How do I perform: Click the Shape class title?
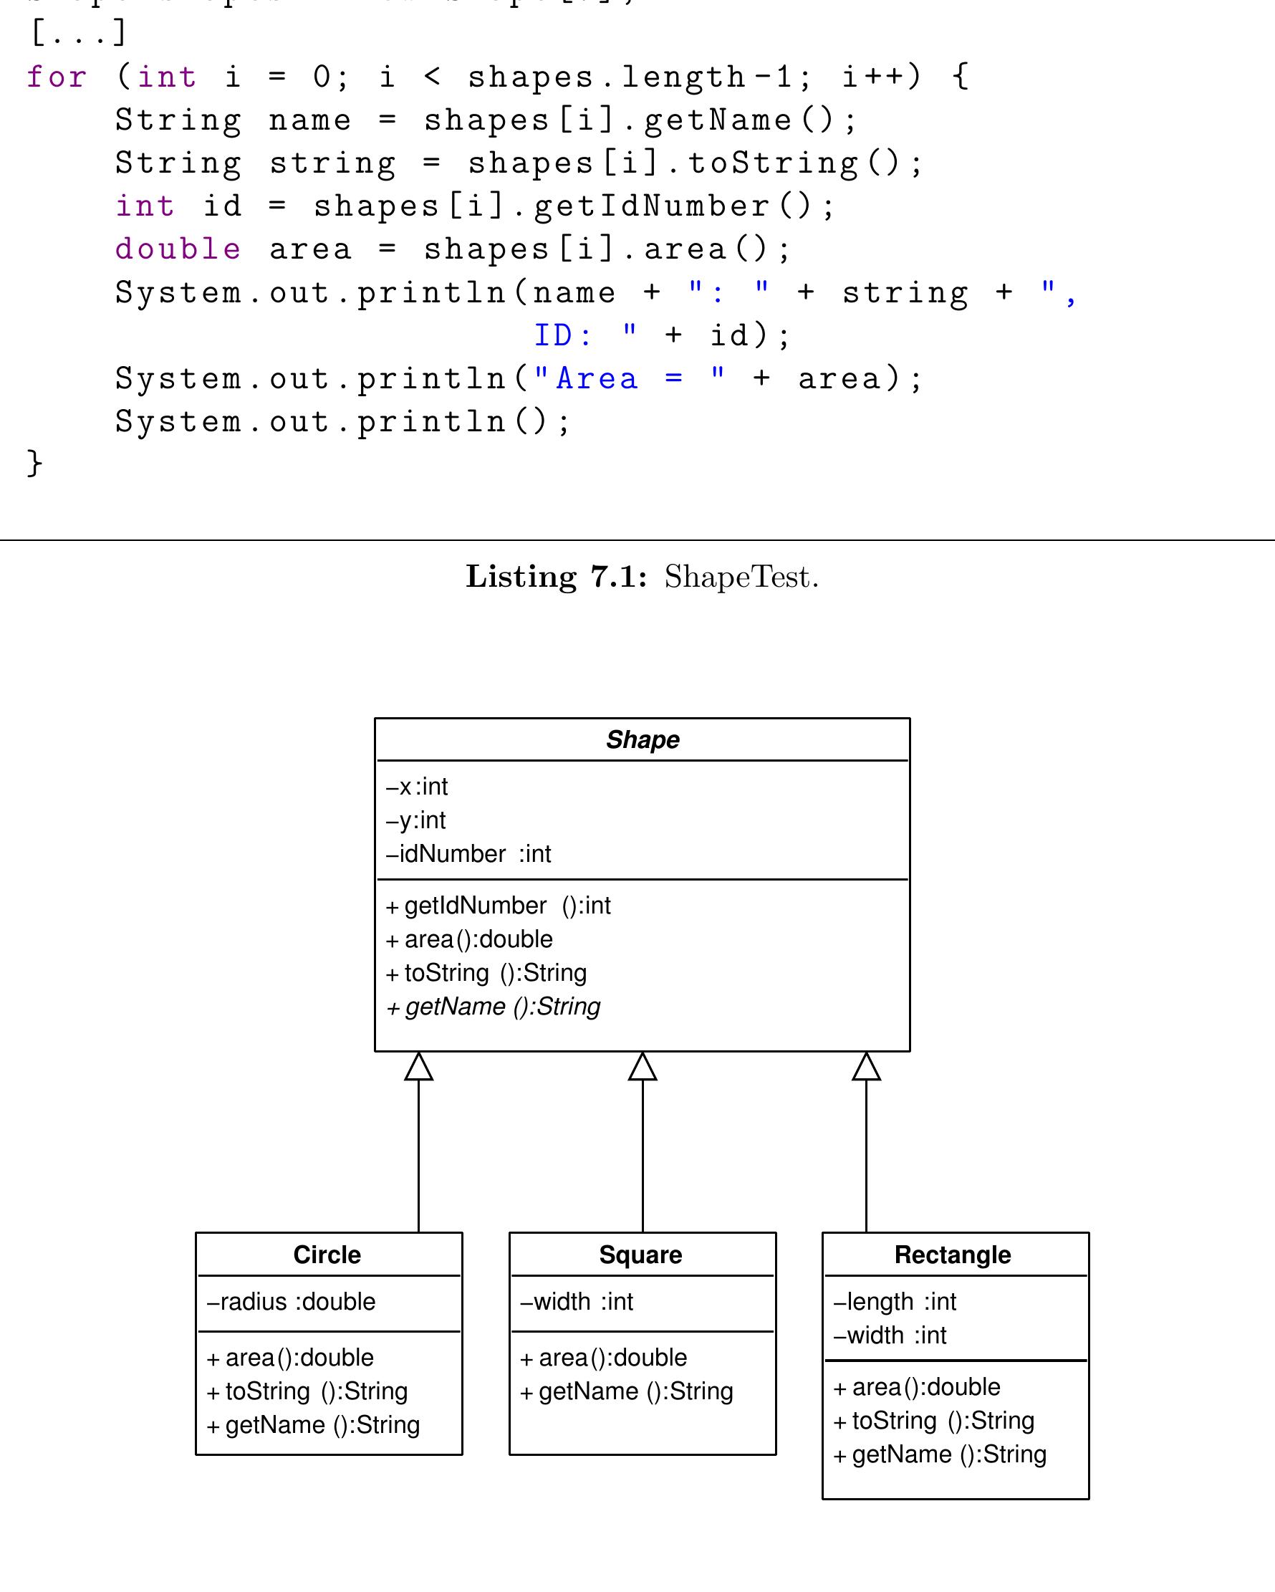(643, 740)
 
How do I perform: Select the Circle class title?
(327, 1255)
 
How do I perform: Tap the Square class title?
(641, 1255)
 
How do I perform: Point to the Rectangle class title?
(953, 1255)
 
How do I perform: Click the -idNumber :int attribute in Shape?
(468, 853)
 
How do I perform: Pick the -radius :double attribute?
(291, 1301)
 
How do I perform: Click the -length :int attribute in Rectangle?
(895, 1301)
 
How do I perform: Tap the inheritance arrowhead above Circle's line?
(418, 1066)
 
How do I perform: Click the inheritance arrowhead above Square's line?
(643, 1066)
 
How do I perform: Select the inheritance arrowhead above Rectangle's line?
(866, 1066)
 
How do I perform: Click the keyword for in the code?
(57, 77)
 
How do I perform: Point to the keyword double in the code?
(178, 249)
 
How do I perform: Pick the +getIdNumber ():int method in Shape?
(499, 906)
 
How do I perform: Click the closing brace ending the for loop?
(34, 463)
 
